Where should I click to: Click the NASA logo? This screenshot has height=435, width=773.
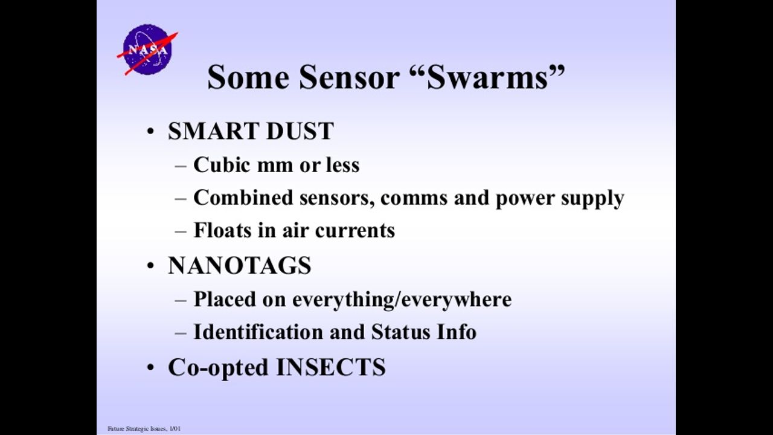pyautogui.click(x=148, y=50)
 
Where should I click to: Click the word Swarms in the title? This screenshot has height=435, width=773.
pyautogui.click(x=487, y=77)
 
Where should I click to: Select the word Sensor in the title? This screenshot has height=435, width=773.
pyautogui.click(x=349, y=77)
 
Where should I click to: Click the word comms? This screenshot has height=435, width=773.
pyautogui.click(x=414, y=199)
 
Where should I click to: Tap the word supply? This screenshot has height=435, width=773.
pyautogui.click(x=592, y=199)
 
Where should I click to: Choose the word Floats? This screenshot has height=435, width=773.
pyautogui.click(x=223, y=230)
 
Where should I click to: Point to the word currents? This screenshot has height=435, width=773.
pyautogui.click(x=355, y=231)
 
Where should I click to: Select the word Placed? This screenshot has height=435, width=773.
pyautogui.click(x=224, y=299)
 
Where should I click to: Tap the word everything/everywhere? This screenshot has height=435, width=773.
pyautogui.click(x=402, y=300)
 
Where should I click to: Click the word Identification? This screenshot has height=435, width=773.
pyautogui.click(x=258, y=332)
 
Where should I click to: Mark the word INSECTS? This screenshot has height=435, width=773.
pyautogui.click(x=331, y=367)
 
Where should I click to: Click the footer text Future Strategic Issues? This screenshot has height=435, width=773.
pyautogui.click(x=137, y=429)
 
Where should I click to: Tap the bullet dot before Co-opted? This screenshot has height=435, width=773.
pyautogui.click(x=150, y=368)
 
